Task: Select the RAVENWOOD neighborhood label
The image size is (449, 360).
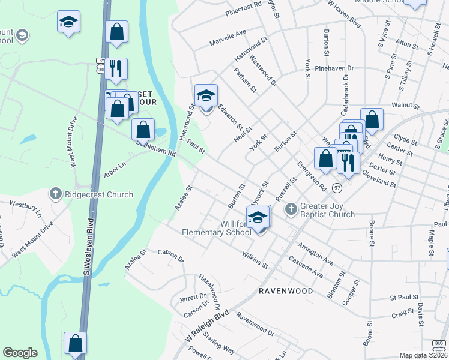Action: click(286, 291)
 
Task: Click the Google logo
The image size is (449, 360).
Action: click(20, 353)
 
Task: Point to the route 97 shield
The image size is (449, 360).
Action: click(337, 188)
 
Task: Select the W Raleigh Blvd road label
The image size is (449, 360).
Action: click(208, 328)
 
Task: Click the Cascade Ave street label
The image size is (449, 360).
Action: click(306, 268)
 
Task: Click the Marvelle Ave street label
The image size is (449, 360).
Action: click(228, 38)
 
